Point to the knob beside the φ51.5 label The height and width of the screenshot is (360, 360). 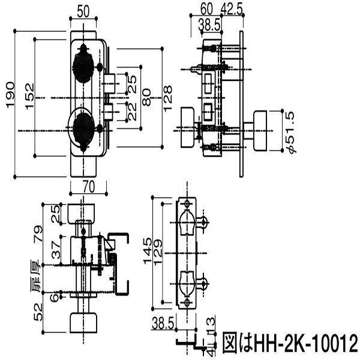click(262, 131)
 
